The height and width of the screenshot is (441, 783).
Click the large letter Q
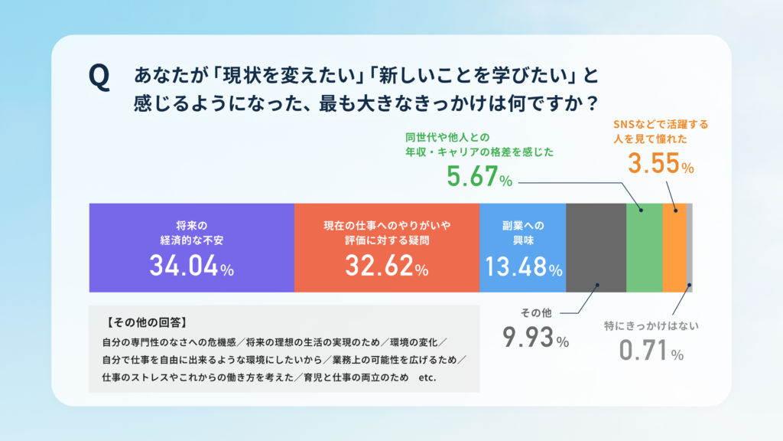pos(99,77)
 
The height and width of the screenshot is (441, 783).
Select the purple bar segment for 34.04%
pos(192,247)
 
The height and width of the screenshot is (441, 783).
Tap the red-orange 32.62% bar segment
pos(387,247)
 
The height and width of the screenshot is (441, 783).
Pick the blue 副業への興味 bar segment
pos(523,247)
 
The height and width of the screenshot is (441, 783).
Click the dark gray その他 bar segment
pos(596,247)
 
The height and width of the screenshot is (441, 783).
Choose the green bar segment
pos(645,247)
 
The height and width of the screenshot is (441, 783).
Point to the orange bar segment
pos(674,247)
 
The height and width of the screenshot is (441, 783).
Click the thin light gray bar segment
pos(690,247)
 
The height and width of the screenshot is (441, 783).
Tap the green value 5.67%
pos(479,177)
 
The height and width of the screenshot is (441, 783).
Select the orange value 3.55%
pos(661,164)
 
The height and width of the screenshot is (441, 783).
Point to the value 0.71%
pos(651,350)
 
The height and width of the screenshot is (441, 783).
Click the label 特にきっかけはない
pos(651,326)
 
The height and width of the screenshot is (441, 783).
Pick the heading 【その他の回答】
pos(147,322)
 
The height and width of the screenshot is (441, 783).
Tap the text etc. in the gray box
pos(427,377)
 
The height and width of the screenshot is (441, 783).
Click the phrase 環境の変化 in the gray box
pos(414,342)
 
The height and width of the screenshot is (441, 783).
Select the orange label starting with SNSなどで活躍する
pos(661,132)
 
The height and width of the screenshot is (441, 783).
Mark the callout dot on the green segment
pos(642,210)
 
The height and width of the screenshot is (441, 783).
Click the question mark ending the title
pos(593,103)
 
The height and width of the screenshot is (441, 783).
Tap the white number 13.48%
pos(524,266)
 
